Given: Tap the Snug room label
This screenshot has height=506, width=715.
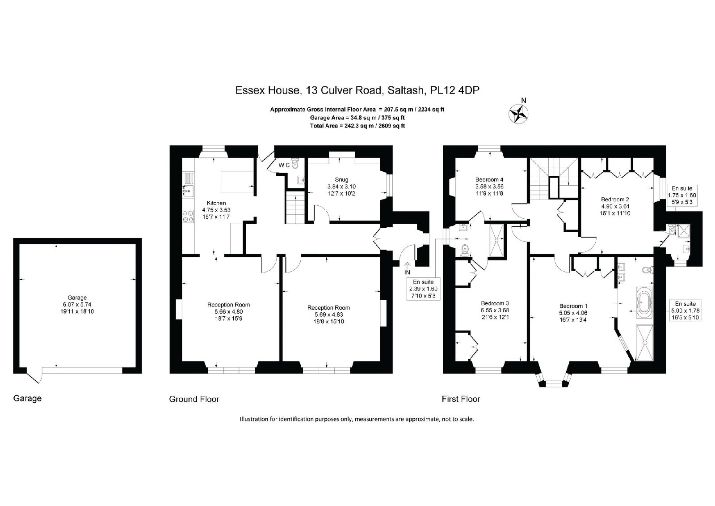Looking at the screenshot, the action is pos(341,180).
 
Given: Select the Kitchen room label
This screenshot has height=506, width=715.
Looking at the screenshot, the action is pos(216,203).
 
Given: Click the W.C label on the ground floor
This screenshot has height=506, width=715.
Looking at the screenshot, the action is pos(284,165).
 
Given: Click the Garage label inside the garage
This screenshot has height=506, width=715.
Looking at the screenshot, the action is pos(77,298).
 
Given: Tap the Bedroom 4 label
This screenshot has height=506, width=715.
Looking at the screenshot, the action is pos(489,180).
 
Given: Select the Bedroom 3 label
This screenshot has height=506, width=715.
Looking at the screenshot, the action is pos(495,303).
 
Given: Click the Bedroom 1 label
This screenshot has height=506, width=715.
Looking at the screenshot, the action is pos(573,306).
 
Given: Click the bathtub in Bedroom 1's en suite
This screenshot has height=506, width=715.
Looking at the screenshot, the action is pos(644,303).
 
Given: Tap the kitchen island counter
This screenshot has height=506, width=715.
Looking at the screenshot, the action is pos(238,182).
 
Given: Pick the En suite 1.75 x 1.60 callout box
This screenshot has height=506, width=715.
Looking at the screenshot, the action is pos(682,196).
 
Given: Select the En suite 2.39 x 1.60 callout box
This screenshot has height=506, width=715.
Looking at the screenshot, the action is pos(423,289).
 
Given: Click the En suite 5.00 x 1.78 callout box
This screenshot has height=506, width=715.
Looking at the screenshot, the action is pos(685,310).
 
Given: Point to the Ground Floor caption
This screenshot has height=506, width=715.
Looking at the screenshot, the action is pos(194,399).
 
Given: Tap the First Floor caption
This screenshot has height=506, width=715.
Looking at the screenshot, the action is pos(461,399).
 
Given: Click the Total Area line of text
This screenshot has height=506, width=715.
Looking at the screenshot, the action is pos(357,126).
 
